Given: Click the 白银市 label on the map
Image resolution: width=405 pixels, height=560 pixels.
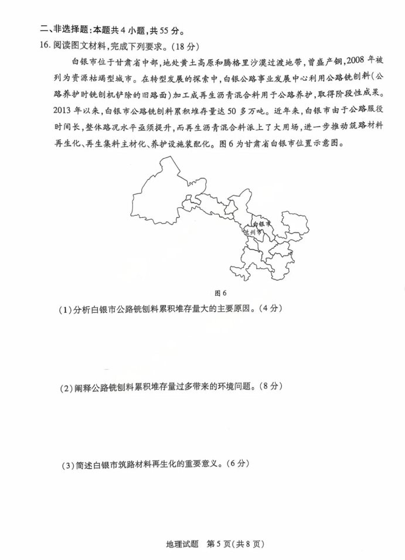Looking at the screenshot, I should click(x=261, y=224).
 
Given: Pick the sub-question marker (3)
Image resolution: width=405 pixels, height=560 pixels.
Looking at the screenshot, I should click(x=68, y=466).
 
